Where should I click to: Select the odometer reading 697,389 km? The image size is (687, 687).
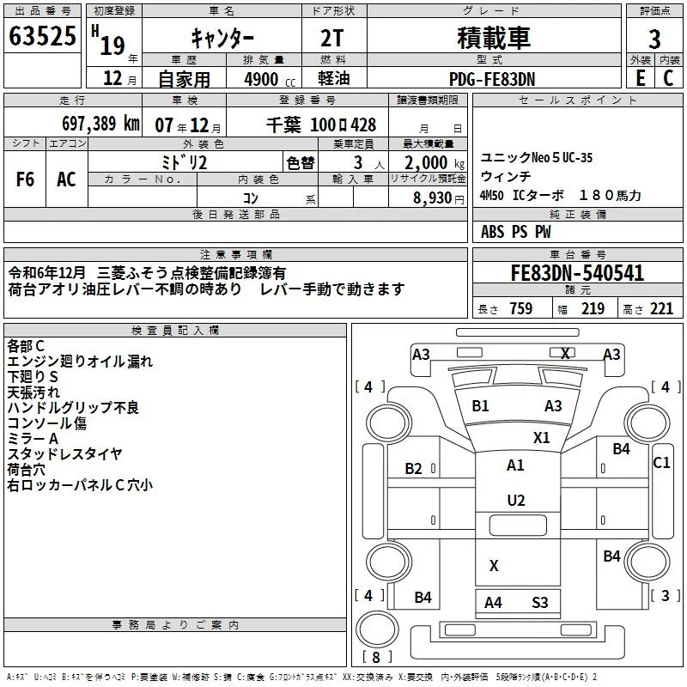(x=100, y=123)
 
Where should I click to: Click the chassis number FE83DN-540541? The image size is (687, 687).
(x=577, y=273)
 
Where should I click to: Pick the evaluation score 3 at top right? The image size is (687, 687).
(x=654, y=40)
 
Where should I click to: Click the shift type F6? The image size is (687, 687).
(x=26, y=179)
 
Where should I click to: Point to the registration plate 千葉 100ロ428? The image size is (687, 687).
(x=319, y=124)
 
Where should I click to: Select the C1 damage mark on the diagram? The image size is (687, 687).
(x=661, y=462)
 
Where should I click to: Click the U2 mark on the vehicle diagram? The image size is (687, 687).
(x=515, y=500)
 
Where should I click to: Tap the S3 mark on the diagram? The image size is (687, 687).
(x=539, y=603)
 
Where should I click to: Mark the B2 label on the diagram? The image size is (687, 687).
(x=414, y=468)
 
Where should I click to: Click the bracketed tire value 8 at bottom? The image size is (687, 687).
(x=376, y=658)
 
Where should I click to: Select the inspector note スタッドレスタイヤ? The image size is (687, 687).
(x=64, y=454)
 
